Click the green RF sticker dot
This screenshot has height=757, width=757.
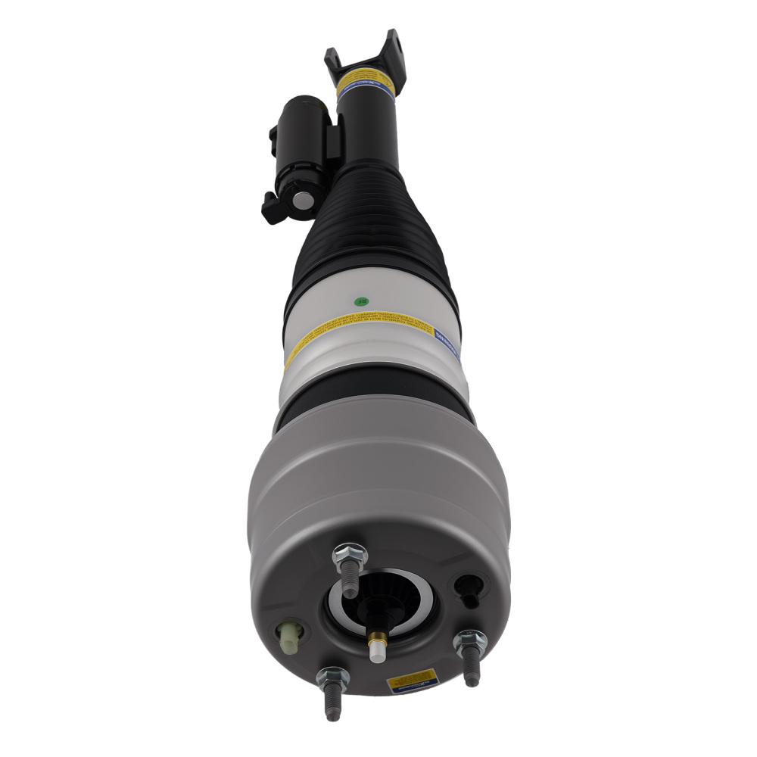point(359,301)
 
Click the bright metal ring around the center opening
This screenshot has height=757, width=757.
point(378,606)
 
